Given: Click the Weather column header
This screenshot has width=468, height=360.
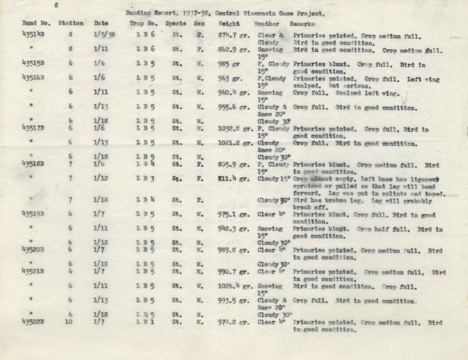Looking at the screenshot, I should tap(266, 23).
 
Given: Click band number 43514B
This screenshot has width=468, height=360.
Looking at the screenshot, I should tap(34, 35).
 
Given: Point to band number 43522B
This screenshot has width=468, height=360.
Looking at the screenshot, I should tap(34, 322).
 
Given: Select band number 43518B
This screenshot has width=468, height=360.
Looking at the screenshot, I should tap(34, 164).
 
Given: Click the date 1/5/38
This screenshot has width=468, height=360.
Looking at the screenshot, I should tap(104, 35).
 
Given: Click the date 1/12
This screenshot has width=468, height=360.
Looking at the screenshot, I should tap(100, 178).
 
